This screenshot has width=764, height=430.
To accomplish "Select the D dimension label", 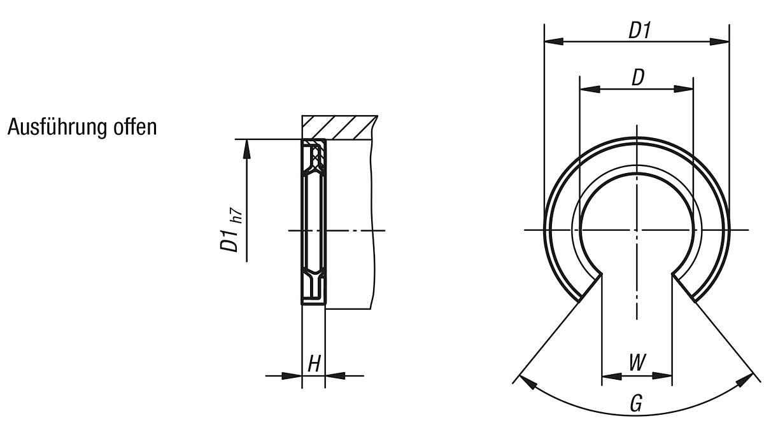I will point(637,78).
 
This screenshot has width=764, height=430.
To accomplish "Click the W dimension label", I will point(636,364).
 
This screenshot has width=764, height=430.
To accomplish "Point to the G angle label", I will point(635,403).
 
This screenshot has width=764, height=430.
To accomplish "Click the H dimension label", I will point(313,364).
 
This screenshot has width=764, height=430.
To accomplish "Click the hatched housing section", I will point(341,127).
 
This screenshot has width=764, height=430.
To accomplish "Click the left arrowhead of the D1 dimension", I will point(553,41).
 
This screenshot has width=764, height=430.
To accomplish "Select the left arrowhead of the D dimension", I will point(588,90).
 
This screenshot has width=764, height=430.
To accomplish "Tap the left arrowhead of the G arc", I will point(526,381).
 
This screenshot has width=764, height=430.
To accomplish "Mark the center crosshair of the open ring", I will point(637,229).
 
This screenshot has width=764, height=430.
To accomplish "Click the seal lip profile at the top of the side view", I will point(313,156).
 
